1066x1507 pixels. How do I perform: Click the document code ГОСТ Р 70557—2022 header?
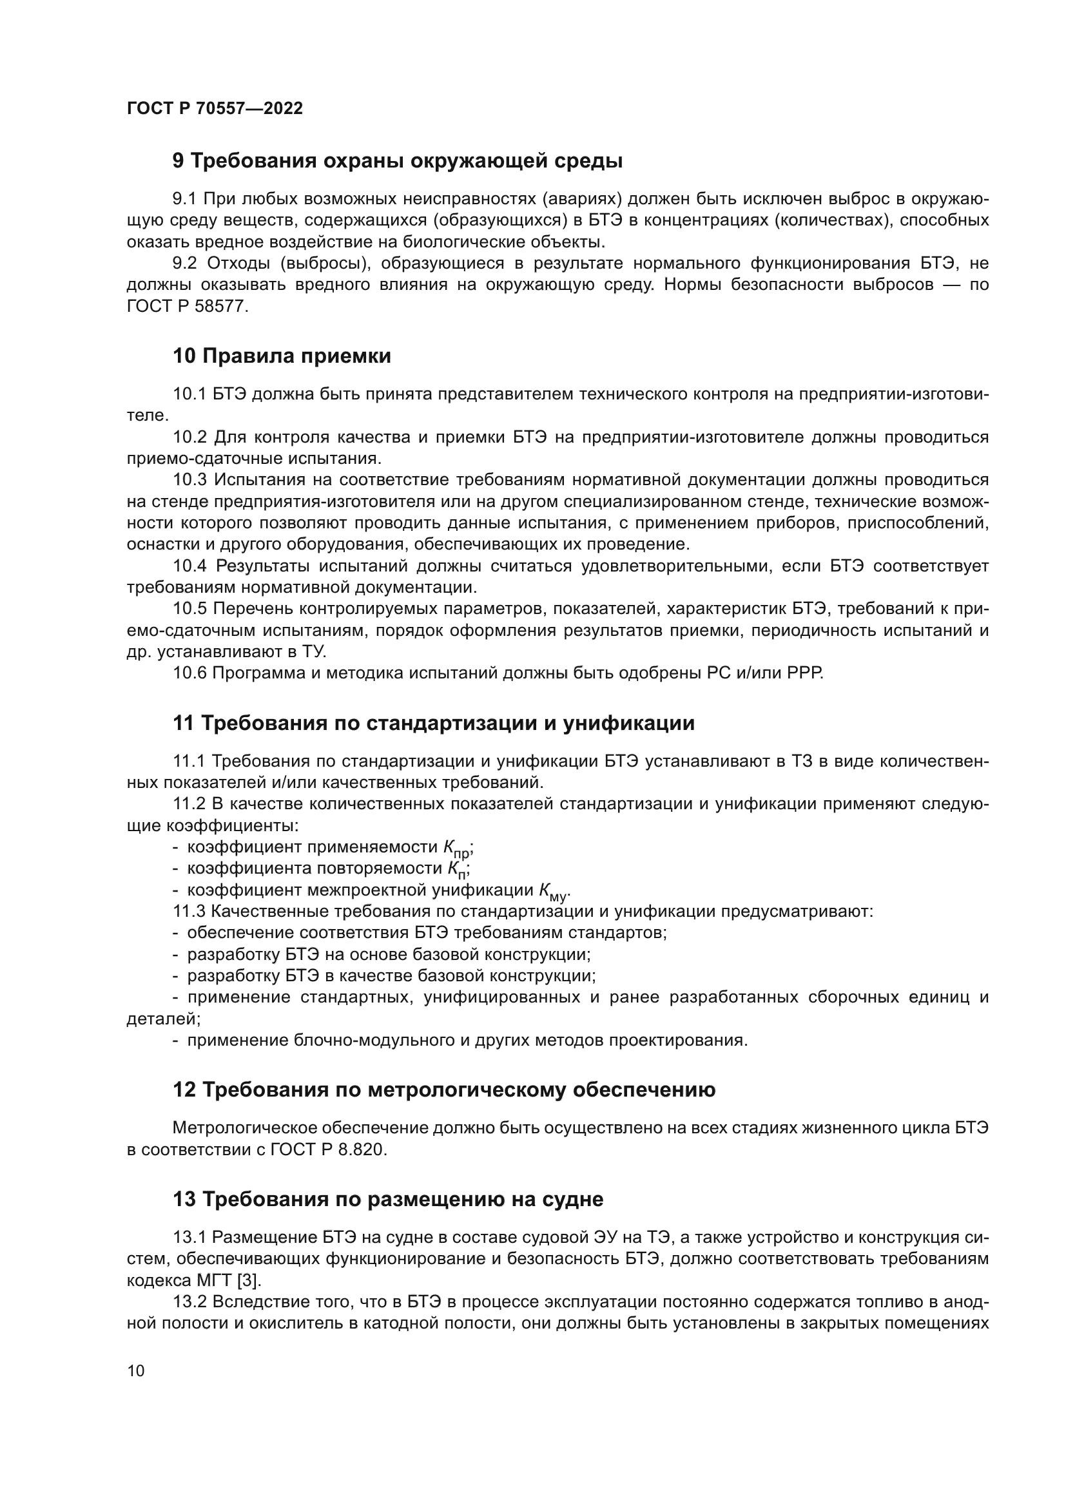click(x=215, y=109)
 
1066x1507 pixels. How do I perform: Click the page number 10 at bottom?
click(x=136, y=1370)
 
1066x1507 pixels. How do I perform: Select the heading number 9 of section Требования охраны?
click(x=178, y=161)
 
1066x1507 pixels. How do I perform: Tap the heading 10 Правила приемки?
click(x=282, y=356)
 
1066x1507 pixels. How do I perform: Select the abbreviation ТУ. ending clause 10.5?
click(x=313, y=652)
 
